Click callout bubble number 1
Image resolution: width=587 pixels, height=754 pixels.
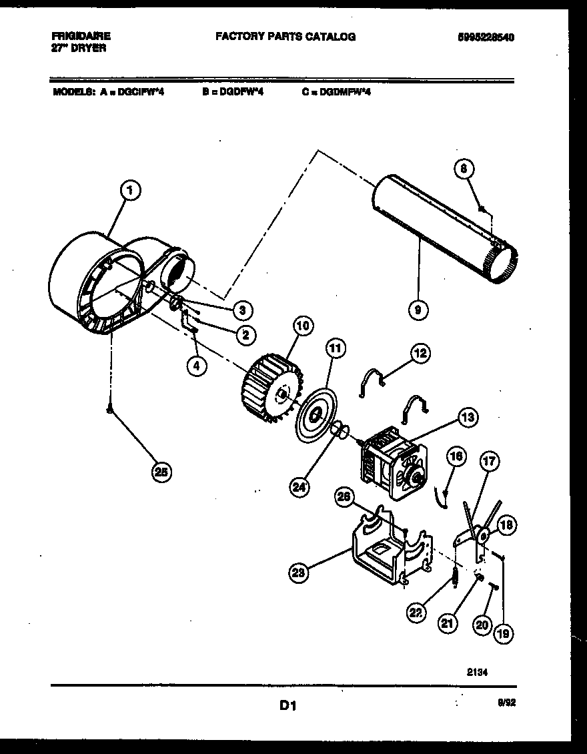pos(131,191)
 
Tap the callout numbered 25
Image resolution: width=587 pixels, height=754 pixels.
pos(160,472)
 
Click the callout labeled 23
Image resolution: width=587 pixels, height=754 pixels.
pos(300,571)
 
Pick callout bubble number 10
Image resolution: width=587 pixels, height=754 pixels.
pos(303,326)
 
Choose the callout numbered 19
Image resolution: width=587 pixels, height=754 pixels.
pos(503,634)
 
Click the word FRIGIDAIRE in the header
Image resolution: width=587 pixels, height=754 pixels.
pos(81,36)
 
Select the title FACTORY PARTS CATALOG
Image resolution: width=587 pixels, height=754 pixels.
pos(285,37)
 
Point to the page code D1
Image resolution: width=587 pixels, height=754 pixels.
pos(287,705)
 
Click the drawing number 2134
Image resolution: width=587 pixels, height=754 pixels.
pos(477,673)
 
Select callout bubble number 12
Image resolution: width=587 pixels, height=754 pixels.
pos(420,353)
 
